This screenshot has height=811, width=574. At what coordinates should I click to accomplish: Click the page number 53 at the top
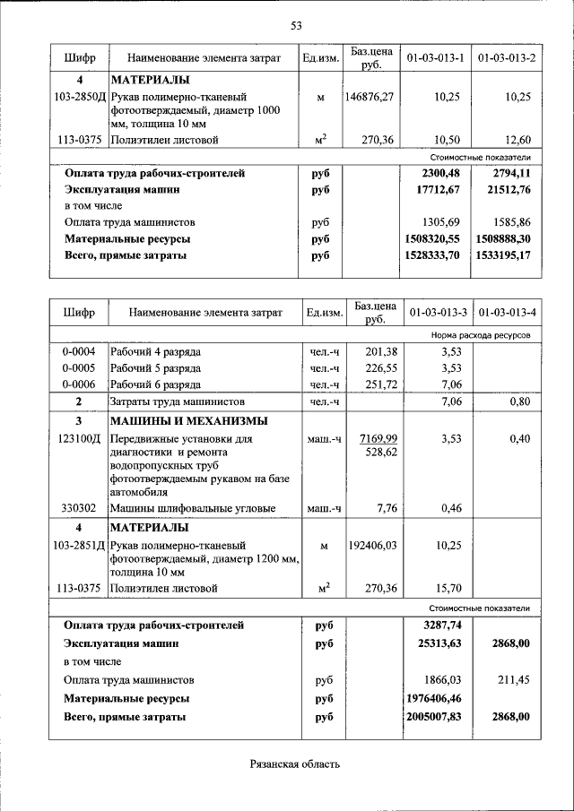295,24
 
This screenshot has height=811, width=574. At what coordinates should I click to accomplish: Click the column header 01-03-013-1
435,58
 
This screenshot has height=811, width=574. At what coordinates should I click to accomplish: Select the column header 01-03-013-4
507,313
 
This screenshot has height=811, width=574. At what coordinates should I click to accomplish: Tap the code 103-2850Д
79,96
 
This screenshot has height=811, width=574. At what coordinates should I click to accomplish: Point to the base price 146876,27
370,96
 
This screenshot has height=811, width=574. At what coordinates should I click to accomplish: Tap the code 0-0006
79,384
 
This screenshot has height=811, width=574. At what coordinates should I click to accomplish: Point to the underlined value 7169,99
377,438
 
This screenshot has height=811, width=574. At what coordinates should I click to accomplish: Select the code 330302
79,509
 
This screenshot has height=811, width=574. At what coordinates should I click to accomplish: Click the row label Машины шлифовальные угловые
192,509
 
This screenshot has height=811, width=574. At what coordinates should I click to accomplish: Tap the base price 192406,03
370,544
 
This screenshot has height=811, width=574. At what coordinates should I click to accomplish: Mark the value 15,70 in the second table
447,588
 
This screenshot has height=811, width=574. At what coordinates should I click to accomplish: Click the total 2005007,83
433,717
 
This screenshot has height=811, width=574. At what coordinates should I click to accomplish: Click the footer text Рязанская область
295,764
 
